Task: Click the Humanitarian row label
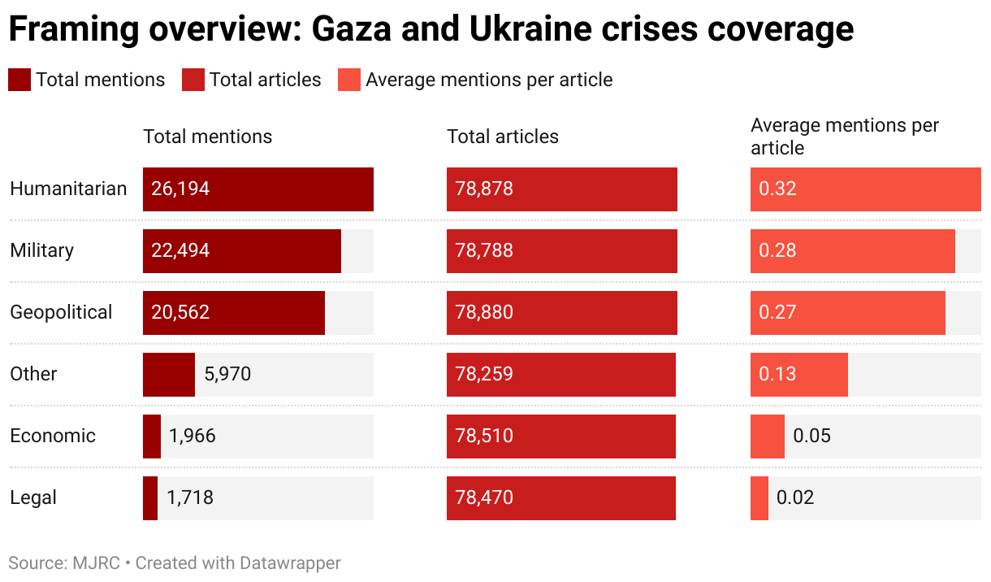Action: (68, 189)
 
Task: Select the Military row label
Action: (41, 251)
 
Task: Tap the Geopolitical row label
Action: (61, 313)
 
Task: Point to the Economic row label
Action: (53, 436)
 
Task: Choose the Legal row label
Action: (33, 498)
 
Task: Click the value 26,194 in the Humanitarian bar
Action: (180, 189)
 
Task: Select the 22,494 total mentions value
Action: (180, 251)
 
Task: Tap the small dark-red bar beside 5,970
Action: (168, 375)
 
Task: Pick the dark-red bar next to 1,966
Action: (152, 436)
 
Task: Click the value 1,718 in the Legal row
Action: (190, 498)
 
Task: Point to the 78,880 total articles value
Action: (484, 313)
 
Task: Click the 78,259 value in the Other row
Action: (484, 375)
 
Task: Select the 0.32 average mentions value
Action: (777, 189)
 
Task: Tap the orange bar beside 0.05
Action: (768, 436)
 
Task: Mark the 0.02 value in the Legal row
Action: (795, 498)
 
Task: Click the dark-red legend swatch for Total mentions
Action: (19, 80)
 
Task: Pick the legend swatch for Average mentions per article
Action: (349, 80)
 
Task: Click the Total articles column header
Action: (503, 137)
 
